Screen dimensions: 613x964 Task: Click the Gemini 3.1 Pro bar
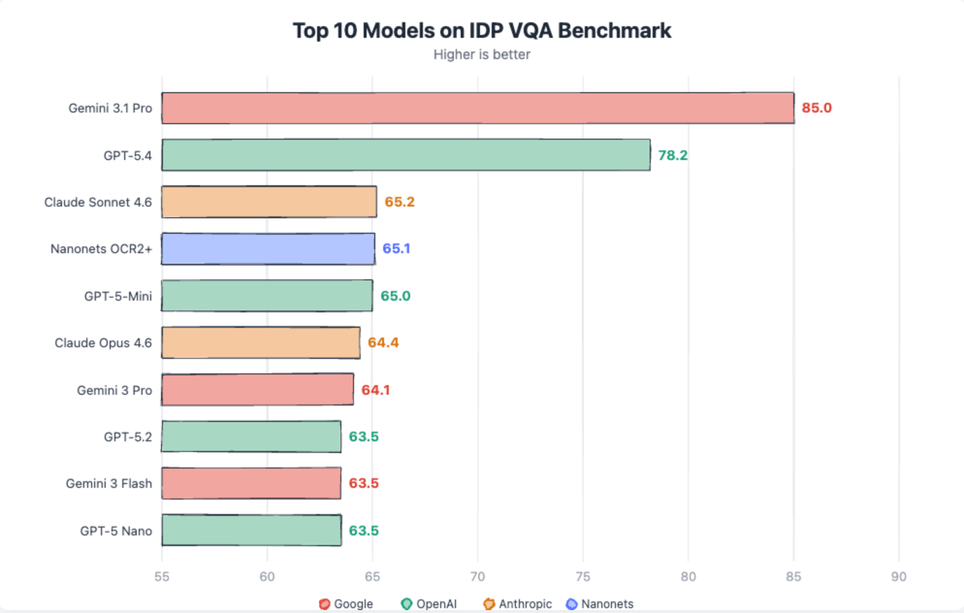[x=478, y=108]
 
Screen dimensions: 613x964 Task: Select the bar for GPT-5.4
[x=406, y=155]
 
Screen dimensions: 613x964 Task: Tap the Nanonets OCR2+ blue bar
[x=268, y=249]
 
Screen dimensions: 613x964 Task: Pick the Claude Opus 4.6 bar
[x=261, y=343]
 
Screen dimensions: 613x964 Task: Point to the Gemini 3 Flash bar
[x=251, y=483]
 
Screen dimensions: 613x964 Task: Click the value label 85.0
[x=817, y=108]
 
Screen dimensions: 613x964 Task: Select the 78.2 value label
[x=673, y=155]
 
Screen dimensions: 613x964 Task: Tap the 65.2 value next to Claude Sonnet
[x=400, y=202]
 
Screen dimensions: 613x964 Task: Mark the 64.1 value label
[x=375, y=390]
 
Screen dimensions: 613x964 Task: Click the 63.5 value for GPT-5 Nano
[x=364, y=531]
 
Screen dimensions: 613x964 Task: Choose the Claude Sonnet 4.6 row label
[x=98, y=202]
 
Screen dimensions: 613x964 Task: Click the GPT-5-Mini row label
[x=118, y=296]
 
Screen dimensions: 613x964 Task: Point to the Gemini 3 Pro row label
[x=114, y=390]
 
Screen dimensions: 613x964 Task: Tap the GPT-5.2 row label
[x=128, y=437]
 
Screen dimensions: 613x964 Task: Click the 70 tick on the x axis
[x=478, y=577]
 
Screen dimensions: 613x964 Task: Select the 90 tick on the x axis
[x=899, y=577]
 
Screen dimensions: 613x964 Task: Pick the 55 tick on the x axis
[x=162, y=577]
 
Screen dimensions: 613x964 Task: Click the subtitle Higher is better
[x=482, y=54]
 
